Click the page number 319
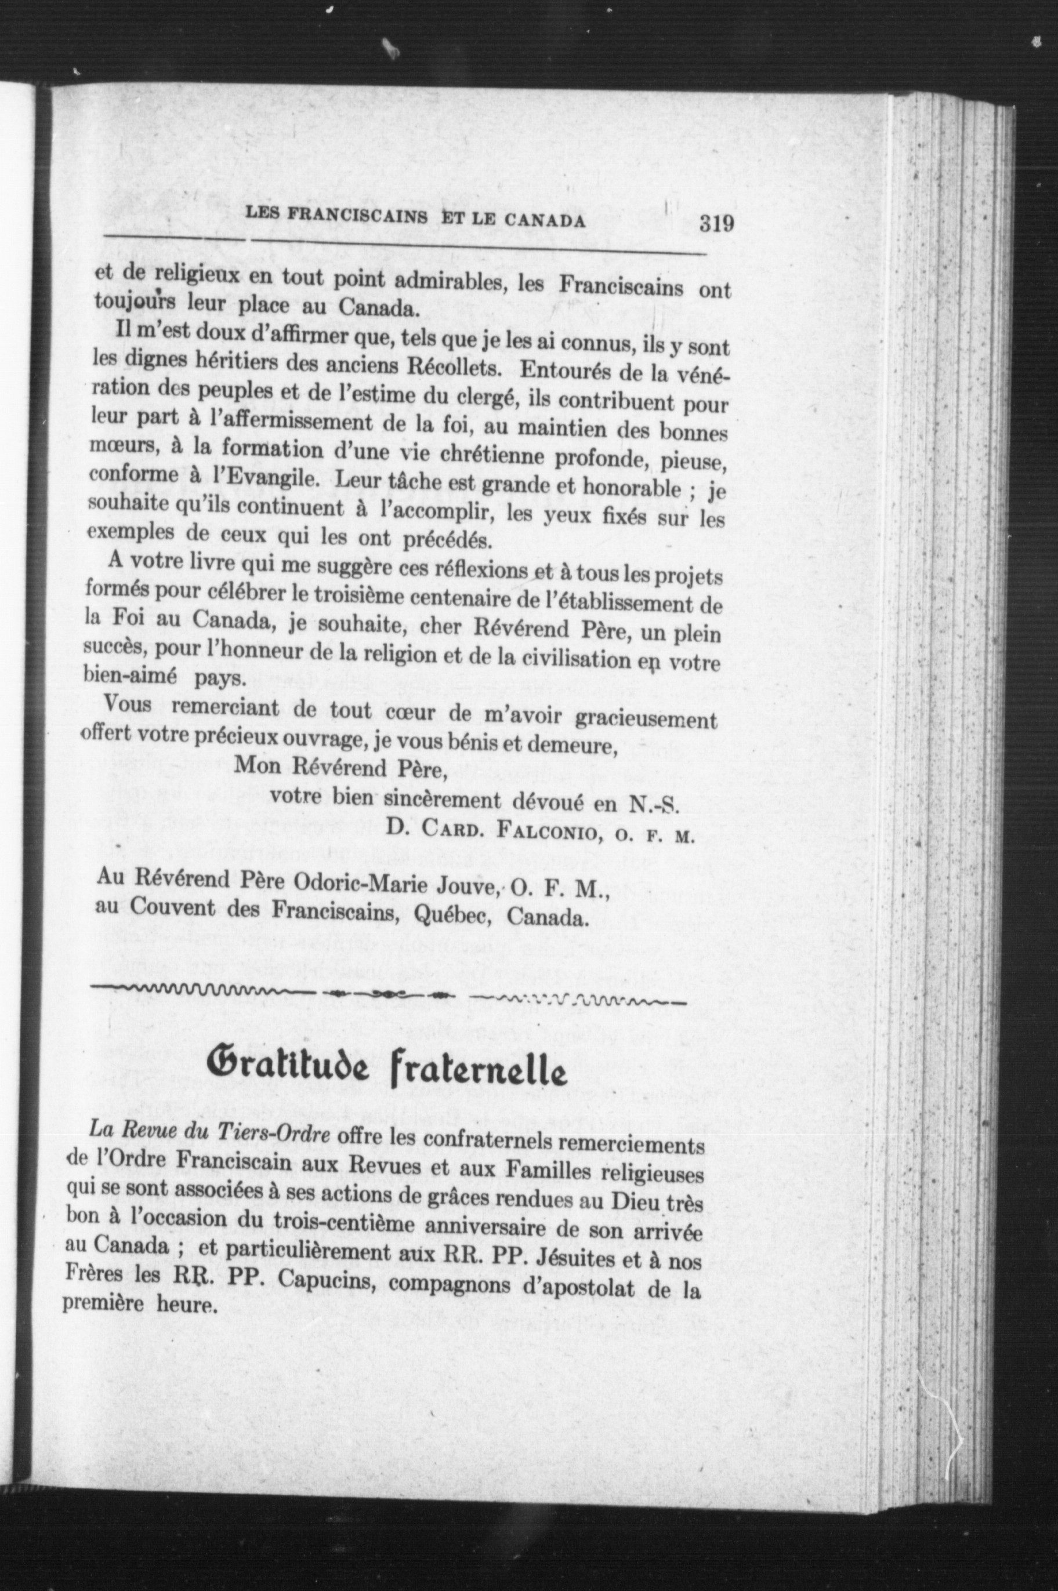716,223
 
